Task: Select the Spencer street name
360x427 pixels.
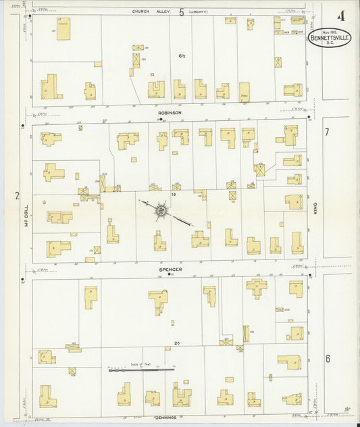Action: point(170,269)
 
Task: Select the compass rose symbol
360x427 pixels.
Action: point(162,212)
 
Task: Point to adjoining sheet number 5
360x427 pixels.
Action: point(181,11)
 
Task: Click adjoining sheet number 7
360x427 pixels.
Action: point(326,131)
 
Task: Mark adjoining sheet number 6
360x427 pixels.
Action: point(328,358)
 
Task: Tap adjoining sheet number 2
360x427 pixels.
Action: point(18,195)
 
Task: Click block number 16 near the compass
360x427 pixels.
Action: point(174,195)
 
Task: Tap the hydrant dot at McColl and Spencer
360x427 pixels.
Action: point(23,278)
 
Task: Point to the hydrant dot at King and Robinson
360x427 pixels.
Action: point(309,118)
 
